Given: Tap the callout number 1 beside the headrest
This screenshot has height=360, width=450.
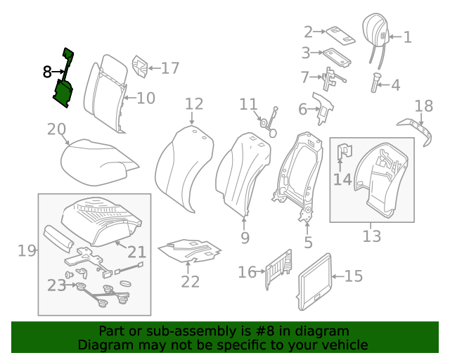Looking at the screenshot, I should (406, 37).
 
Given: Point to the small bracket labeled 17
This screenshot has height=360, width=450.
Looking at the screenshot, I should (139, 66).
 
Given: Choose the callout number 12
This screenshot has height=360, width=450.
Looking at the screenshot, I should (194, 105).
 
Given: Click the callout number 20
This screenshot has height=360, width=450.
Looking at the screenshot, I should (56, 129).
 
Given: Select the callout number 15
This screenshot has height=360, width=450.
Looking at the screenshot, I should (353, 276).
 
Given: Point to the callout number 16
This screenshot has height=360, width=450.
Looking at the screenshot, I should (247, 272).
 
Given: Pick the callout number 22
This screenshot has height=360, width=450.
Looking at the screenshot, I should (190, 282).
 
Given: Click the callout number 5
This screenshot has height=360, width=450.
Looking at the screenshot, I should (308, 243).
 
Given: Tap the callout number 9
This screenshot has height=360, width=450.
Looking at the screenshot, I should (245, 238).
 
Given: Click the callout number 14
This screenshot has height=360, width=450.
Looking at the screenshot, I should (342, 179).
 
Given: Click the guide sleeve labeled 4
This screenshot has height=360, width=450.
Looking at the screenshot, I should (375, 83).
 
